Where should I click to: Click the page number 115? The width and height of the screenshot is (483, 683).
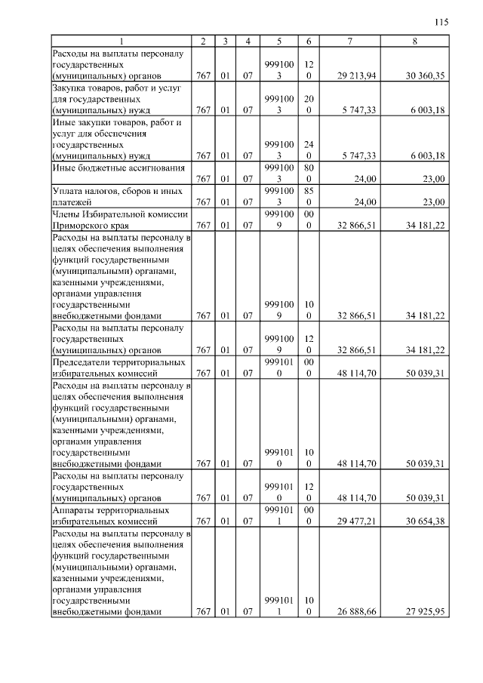441,22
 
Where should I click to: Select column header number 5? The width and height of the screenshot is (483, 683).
279,40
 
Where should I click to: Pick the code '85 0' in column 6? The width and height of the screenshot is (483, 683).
309,196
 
